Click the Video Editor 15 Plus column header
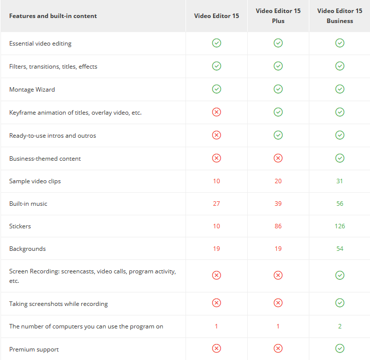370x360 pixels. click(x=278, y=16)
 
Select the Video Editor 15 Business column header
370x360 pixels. click(x=339, y=16)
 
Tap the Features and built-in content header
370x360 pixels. click(x=53, y=16)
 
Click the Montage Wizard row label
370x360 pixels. click(x=32, y=90)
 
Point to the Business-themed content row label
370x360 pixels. click(x=45, y=159)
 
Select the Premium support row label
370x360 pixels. click(x=34, y=349)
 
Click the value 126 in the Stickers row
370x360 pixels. click(x=340, y=226)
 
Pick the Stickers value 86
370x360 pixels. click(x=278, y=226)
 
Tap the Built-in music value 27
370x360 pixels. click(x=217, y=204)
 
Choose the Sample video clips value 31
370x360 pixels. click(x=339, y=181)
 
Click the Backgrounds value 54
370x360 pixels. click(x=340, y=248)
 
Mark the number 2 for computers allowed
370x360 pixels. click(x=340, y=326)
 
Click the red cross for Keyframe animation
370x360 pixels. click(x=217, y=112)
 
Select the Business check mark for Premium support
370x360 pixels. click(x=340, y=348)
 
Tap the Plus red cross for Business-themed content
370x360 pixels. click(x=278, y=158)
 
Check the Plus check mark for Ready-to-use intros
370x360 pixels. click(x=278, y=135)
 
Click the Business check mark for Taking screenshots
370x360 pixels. click(x=340, y=303)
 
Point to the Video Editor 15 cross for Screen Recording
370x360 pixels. click(x=217, y=275)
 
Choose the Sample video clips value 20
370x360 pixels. click(x=278, y=181)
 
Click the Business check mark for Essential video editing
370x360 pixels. click(x=340, y=43)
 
